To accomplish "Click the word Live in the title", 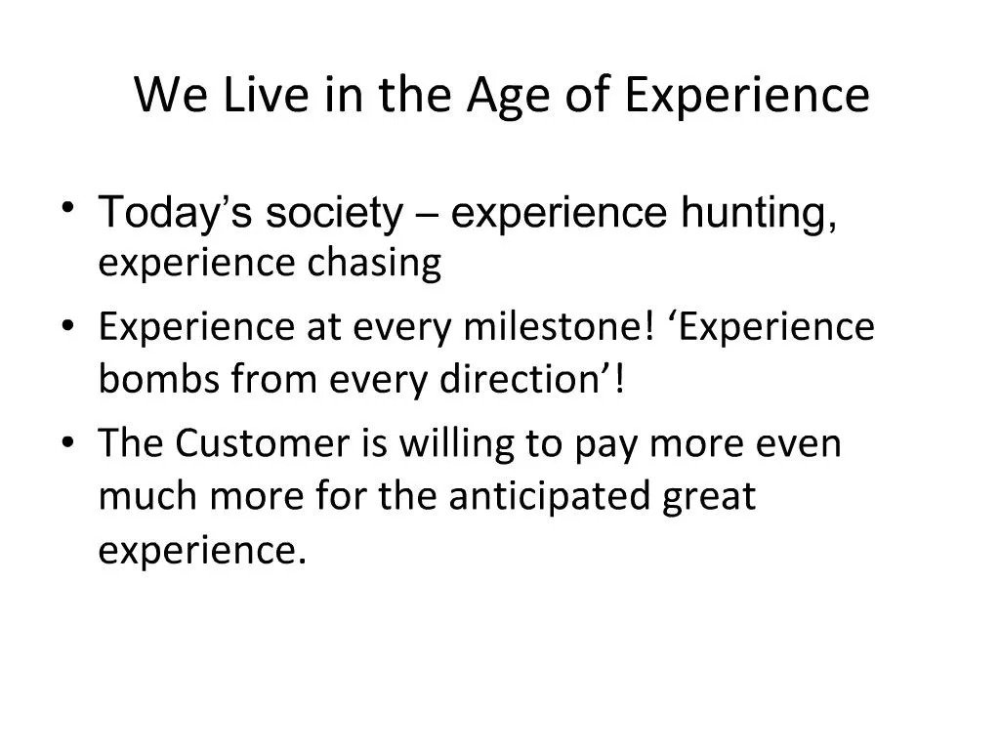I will tap(253, 96).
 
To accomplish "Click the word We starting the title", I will tap(165, 96).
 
